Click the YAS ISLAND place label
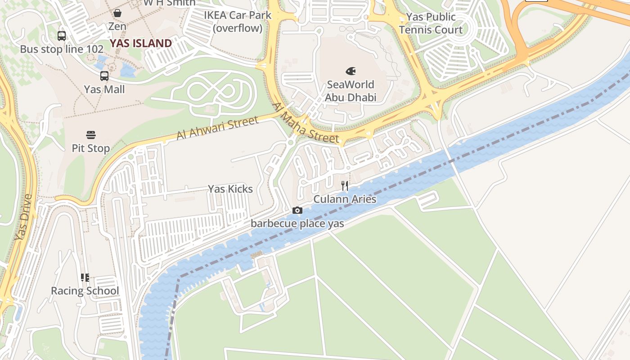point(141,43)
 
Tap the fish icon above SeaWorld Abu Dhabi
point(351,71)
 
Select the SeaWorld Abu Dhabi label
point(351,91)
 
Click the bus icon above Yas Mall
point(104,76)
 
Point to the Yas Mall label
point(104,90)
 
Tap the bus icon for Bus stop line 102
point(62,36)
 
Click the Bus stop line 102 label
point(62,49)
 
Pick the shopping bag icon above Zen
point(117,13)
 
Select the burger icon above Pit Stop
point(91,135)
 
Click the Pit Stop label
point(91,148)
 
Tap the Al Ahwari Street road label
point(217,128)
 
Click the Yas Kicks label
point(230,189)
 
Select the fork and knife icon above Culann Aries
point(345,185)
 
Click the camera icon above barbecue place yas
point(297,210)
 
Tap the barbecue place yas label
point(297,224)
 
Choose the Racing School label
point(85,291)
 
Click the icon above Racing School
point(85,278)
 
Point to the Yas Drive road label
point(23,217)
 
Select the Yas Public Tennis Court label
point(431,23)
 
